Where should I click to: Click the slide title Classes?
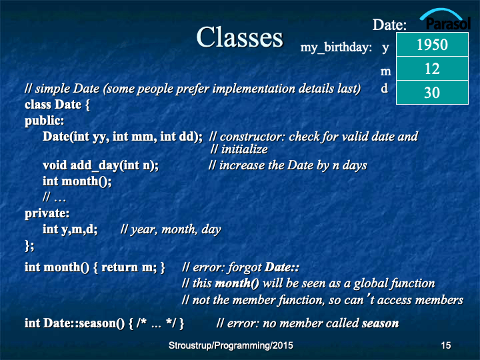240,37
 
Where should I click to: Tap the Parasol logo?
445,19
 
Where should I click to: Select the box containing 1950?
432,45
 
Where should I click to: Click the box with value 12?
432,69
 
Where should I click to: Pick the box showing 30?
432,93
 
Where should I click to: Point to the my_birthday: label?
336,47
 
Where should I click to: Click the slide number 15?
446,345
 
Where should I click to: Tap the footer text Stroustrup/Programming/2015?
231,345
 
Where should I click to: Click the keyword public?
45,121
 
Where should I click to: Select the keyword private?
47,213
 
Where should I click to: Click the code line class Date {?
57,105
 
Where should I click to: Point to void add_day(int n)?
101,165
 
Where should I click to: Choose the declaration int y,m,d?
70,229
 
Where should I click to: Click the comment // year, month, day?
171,229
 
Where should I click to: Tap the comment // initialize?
239,149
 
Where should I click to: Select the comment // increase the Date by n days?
287,165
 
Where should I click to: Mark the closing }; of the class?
29,245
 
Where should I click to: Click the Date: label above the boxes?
389,25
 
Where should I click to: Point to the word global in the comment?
372,284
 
